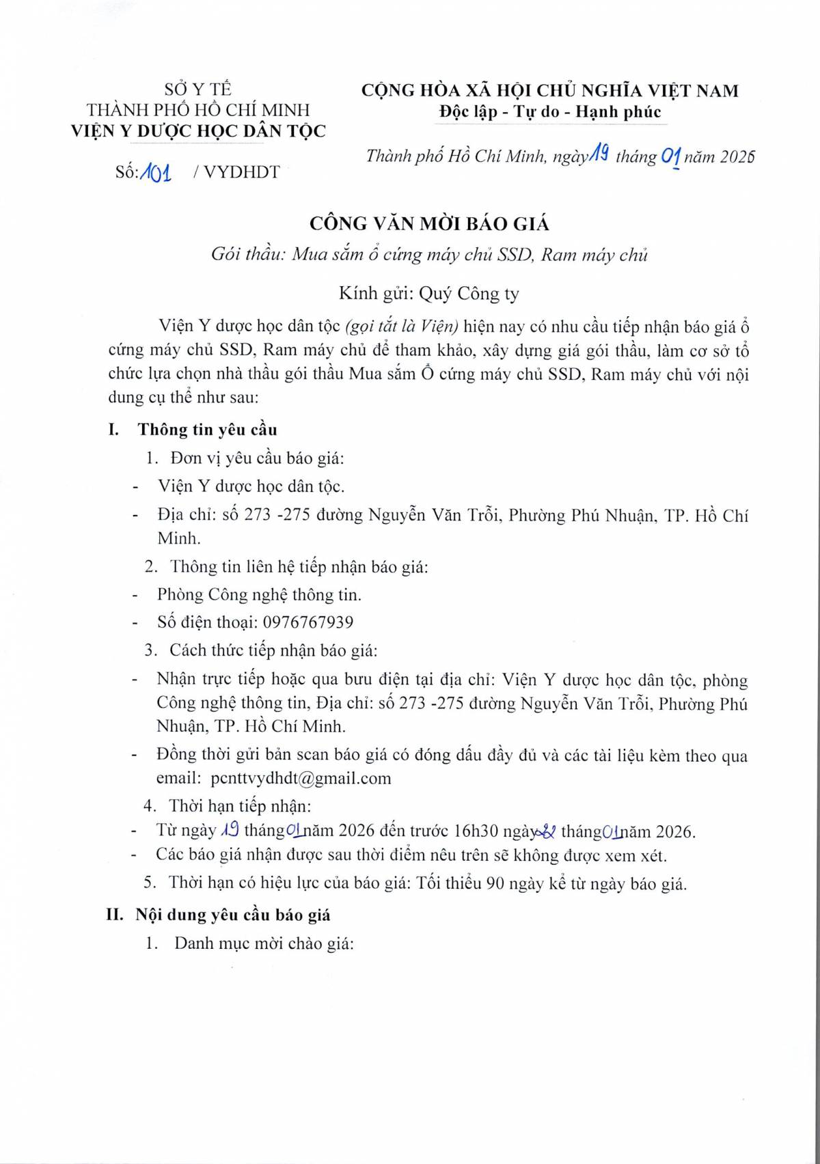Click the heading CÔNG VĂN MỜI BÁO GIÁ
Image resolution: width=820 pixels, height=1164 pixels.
[x=429, y=224]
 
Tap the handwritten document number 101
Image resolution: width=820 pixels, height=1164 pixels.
[x=155, y=172]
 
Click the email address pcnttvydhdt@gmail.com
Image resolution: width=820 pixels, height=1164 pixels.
[x=301, y=778]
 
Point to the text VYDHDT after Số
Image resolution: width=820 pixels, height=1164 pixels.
[x=241, y=172]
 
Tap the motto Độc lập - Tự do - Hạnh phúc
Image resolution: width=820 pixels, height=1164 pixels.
[x=550, y=111]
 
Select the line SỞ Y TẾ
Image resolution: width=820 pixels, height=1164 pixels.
[x=197, y=89]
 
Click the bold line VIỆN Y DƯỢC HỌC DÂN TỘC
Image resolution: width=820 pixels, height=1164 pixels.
[x=198, y=131]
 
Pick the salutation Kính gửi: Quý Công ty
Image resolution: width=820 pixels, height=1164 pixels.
[x=428, y=294]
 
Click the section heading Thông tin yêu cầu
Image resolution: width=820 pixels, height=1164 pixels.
[x=207, y=430]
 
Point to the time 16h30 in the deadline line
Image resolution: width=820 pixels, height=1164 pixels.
[x=476, y=831]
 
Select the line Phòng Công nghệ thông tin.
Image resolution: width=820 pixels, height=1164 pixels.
[x=259, y=595]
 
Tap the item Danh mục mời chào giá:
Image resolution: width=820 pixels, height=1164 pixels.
[x=264, y=944]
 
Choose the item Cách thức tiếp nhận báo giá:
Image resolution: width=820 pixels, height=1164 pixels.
[x=273, y=650]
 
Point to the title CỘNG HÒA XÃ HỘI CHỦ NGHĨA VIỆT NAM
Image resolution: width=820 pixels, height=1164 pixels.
[x=549, y=90]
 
